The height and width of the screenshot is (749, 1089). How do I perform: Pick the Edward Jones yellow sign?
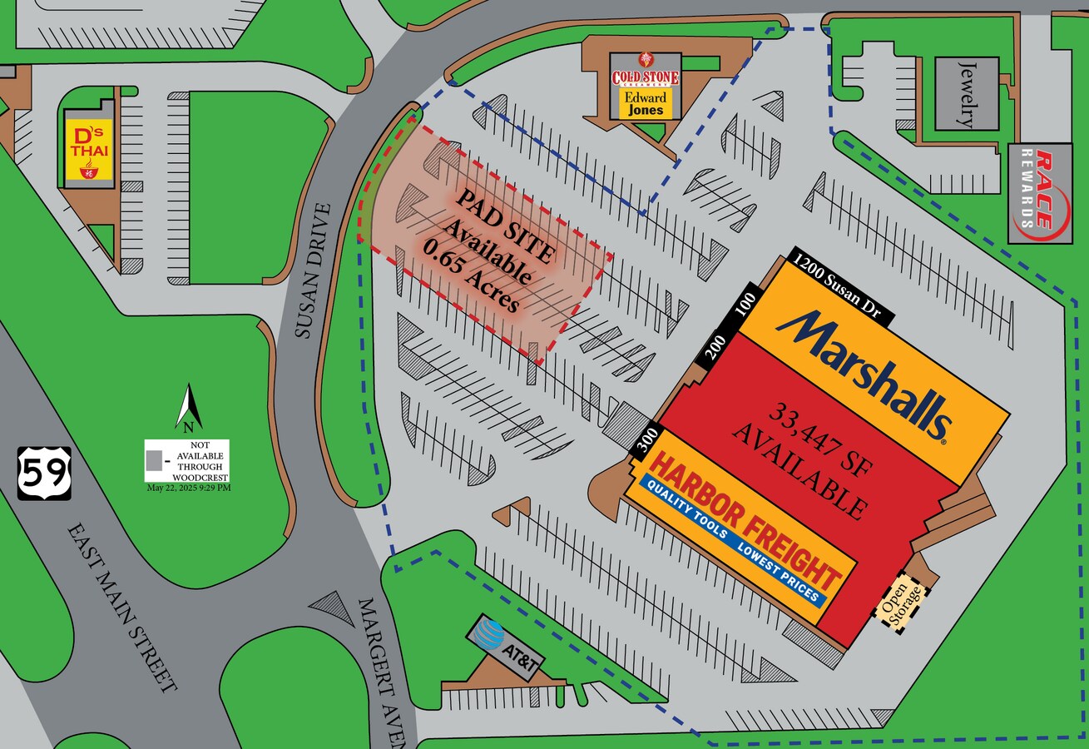[646, 103]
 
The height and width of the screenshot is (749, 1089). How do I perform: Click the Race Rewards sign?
[1039, 192]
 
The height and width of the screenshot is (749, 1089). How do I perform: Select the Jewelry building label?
[966, 93]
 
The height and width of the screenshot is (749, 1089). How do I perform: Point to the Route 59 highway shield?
[44, 473]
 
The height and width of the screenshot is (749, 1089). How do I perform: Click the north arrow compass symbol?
[189, 408]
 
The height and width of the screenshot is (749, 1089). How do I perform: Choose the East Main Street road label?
[123, 607]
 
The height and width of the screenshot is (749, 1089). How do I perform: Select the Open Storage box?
[901, 601]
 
